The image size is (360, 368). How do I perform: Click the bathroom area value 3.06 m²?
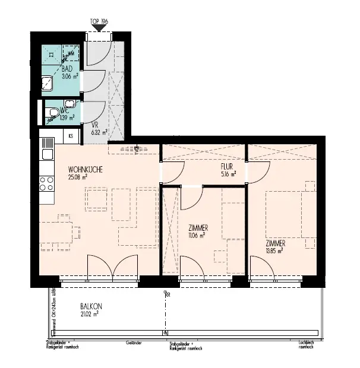click(x=71, y=76)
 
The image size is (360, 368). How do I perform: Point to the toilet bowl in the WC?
click(x=53, y=112)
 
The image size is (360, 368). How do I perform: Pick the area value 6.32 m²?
click(x=99, y=132)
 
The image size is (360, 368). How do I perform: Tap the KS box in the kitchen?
click(x=71, y=136)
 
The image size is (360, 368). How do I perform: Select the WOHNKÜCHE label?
click(x=86, y=169)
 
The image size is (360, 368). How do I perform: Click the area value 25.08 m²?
click(x=78, y=177)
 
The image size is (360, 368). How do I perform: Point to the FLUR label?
click(x=226, y=167)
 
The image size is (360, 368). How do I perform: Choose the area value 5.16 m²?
click(x=228, y=175)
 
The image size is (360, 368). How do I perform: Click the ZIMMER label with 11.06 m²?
click(x=197, y=228)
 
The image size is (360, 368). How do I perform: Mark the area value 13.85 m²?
click(x=274, y=251)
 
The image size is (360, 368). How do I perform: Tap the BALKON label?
click(x=90, y=307)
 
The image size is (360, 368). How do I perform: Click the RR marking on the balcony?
click(x=168, y=294)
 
